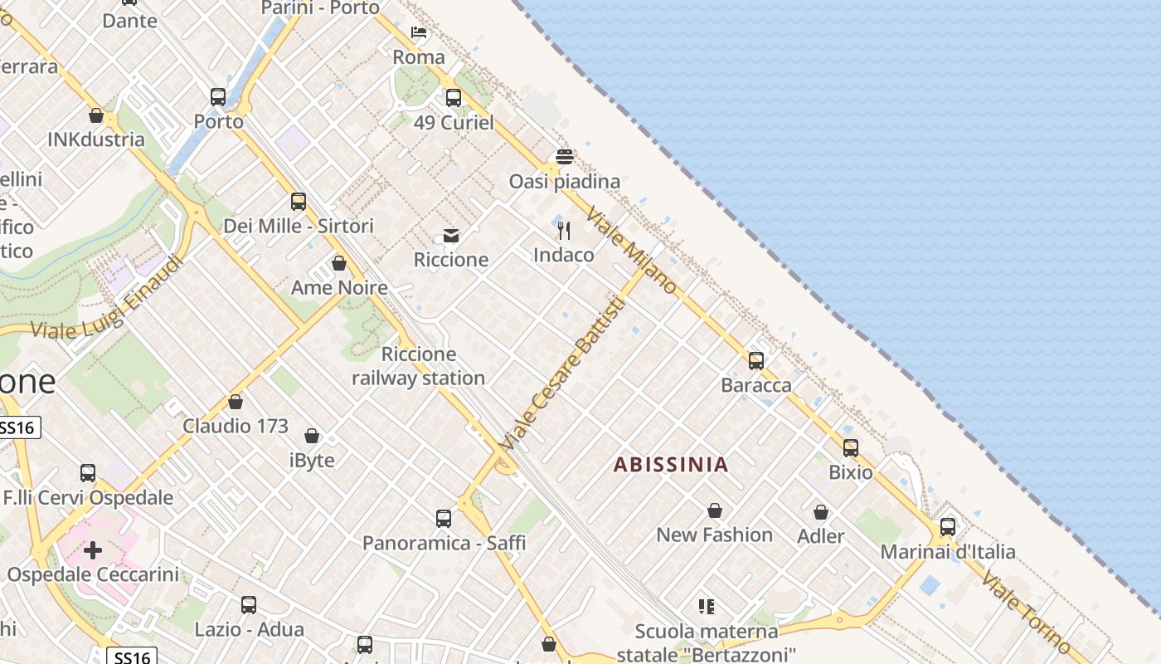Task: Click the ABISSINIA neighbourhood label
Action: (x=671, y=464)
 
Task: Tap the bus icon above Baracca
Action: (x=756, y=361)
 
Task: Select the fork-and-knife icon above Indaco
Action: (x=564, y=230)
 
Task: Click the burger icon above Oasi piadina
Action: (x=565, y=157)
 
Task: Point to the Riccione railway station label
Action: (x=419, y=366)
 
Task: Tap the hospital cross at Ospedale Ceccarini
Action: (x=93, y=549)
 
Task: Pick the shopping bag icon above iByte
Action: (x=312, y=436)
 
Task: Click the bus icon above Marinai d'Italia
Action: (x=948, y=527)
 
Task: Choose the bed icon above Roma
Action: (x=419, y=32)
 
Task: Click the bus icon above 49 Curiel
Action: (x=453, y=98)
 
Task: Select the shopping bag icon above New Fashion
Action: (x=715, y=510)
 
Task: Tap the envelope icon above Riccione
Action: (x=451, y=236)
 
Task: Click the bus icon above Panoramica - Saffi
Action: (x=444, y=519)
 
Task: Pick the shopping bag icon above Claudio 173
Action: (x=236, y=403)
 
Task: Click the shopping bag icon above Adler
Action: (x=821, y=512)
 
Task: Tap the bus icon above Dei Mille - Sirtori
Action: (x=299, y=201)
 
